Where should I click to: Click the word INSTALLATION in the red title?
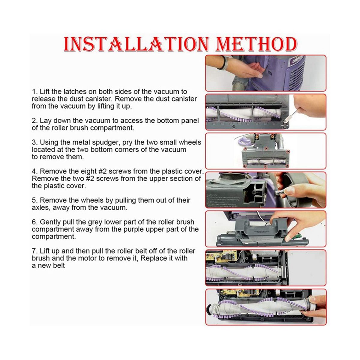(136, 44)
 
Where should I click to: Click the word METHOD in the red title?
(256, 44)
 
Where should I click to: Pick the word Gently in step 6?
(50, 222)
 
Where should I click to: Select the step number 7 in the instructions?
(34, 251)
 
